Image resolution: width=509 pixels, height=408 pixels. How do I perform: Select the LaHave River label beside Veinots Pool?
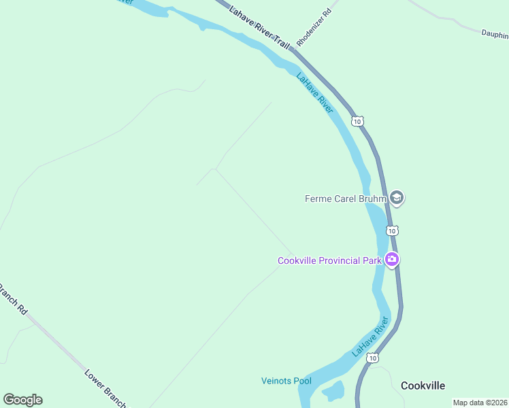371,337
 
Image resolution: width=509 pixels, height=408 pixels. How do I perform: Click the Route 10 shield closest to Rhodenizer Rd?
357,121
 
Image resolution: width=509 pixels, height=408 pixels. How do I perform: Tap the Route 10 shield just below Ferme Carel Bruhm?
393,231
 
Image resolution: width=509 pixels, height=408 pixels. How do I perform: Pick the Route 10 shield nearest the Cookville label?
372,358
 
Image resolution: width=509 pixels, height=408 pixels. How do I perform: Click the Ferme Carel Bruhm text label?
346,199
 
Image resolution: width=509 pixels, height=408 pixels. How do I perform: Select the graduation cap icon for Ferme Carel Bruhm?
397,198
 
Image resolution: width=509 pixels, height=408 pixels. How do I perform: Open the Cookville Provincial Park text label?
329,260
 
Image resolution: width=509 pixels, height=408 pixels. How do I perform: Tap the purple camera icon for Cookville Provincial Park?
392,259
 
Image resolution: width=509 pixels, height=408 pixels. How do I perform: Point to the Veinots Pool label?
286,381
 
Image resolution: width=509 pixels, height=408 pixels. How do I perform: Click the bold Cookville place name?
423,386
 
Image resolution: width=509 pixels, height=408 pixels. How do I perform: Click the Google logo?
22,400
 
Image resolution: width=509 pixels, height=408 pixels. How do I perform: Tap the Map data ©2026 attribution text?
480,403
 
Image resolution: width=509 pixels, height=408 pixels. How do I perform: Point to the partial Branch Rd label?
13,299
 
